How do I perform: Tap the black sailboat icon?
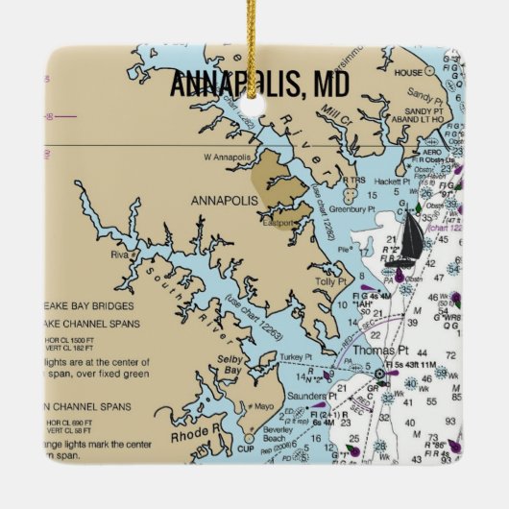tap(410, 238)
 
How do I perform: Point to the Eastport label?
tap(279, 223)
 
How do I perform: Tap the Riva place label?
tap(119, 255)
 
